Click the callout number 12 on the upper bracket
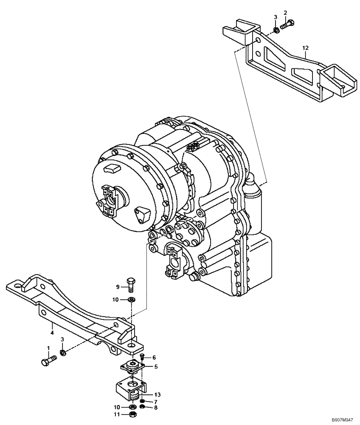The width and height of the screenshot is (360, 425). [305, 48]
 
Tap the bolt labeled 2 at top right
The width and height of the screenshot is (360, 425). [288, 25]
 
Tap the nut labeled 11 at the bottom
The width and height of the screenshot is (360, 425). [132, 413]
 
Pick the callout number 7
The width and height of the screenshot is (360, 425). [156, 402]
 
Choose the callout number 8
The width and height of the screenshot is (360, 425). [156, 408]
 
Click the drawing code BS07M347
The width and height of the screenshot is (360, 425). [342, 420]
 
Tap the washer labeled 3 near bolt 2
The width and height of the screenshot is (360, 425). [276, 30]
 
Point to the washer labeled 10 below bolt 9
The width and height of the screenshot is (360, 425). [132, 300]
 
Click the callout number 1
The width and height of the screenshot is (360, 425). [48, 348]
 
